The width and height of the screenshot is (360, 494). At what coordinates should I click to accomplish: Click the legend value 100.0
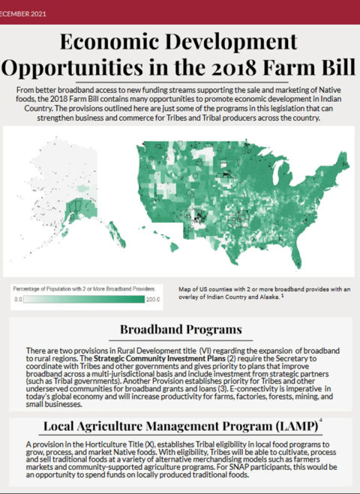tap(154, 300)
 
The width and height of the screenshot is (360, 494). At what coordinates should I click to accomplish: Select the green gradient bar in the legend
tap(86, 300)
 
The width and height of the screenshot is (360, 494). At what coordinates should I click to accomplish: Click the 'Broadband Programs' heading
tap(180, 330)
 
